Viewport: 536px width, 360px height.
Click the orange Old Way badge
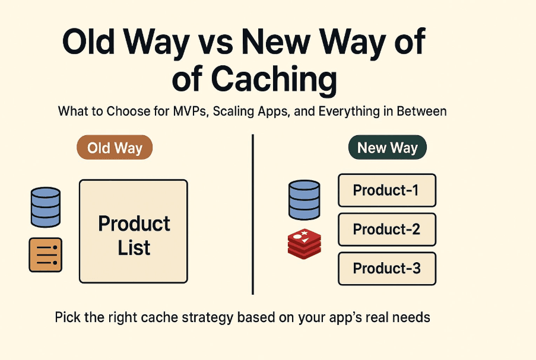pos(115,148)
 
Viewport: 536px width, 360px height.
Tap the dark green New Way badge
pos(388,148)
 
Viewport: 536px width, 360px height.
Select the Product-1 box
pos(386,190)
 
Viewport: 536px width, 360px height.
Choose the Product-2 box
pos(386,229)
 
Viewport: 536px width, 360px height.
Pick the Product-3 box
pos(386,268)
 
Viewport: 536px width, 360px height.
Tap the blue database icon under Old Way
pos(45,206)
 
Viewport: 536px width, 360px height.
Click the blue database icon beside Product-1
pos(304,200)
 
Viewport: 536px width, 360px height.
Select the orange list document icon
pos(45,255)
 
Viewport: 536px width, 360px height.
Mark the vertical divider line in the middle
pos(253,214)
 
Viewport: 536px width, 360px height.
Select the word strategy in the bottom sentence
pos(199,317)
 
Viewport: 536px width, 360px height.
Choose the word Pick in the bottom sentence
pos(67,317)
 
